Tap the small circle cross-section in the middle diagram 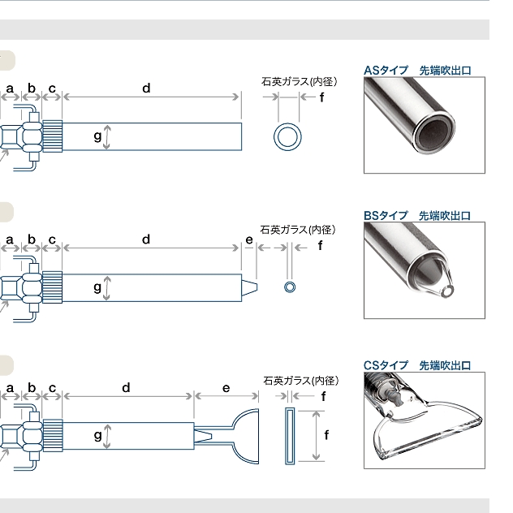[290, 287]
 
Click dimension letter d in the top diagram [146, 88]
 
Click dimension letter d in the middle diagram [146, 239]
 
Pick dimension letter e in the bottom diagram [226, 388]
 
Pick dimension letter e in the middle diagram [249, 239]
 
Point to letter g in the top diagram [97, 136]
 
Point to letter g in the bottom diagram [97, 435]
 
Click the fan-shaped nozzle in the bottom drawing [242, 435]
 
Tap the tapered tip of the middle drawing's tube [251, 287]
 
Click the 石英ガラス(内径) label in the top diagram [299, 81]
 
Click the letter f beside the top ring [321, 97]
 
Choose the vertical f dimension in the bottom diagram [326, 434]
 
